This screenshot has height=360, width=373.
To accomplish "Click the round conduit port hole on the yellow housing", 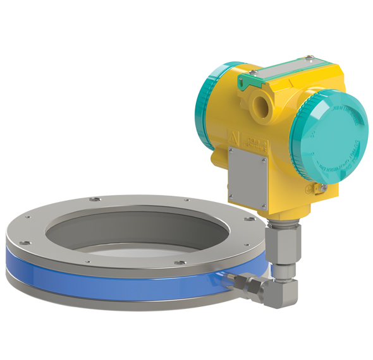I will (260, 101).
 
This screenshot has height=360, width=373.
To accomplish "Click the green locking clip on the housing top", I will (251, 78).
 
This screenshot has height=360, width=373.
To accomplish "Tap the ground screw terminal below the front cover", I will (322, 189).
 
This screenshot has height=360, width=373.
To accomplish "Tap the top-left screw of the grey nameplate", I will (232, 152).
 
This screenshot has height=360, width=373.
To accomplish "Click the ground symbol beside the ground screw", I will (310, 188).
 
